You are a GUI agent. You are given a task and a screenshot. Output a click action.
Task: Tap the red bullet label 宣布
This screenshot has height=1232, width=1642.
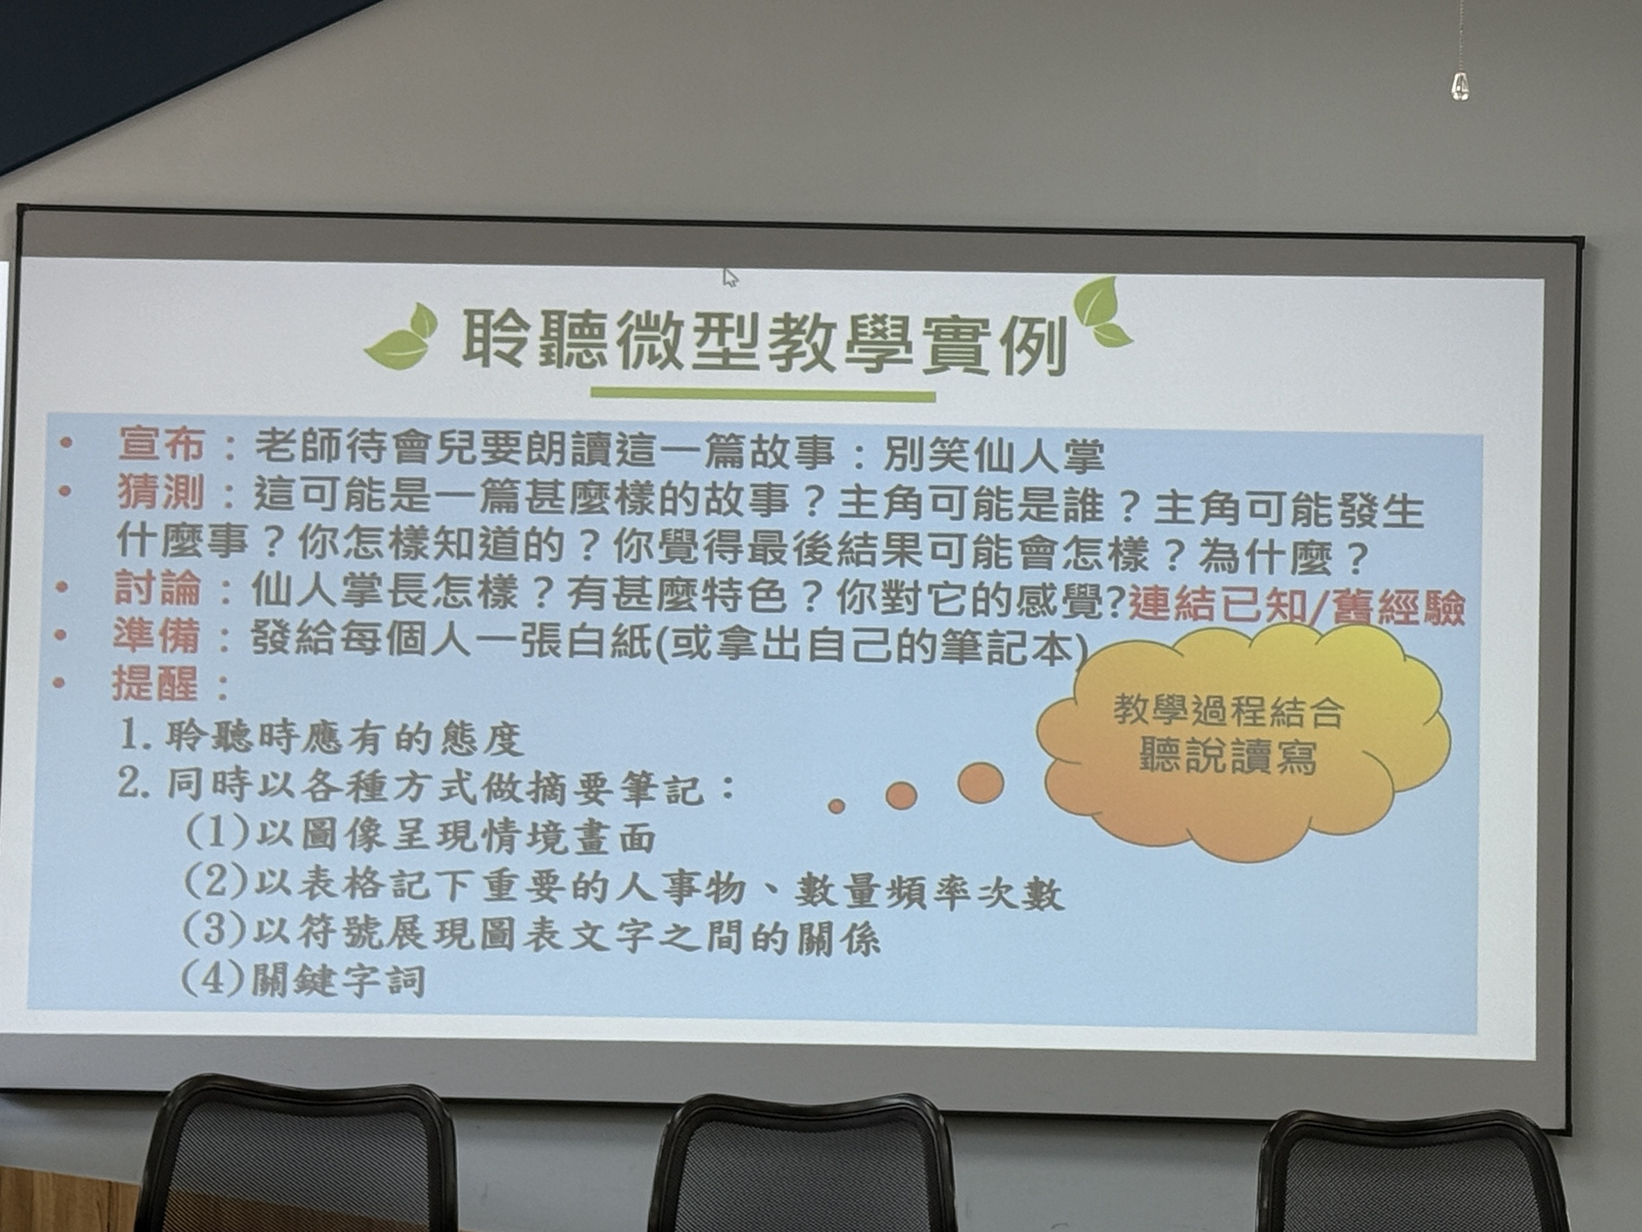tap(162, 444)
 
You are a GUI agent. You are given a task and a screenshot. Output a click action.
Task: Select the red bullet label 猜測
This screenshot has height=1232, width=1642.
tap(160, 492)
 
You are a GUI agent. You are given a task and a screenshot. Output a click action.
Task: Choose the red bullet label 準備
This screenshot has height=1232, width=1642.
tap(156, 635)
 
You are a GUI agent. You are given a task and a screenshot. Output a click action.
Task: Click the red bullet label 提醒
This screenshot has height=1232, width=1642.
tap(155, 683)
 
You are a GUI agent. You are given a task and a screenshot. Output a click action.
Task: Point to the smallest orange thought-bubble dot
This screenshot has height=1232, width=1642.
tap(836, 806)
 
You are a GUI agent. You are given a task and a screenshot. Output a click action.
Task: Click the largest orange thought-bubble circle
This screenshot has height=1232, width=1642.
tap(981, 782)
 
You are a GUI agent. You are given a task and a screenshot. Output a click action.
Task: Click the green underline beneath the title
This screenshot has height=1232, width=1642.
tap(763, 396)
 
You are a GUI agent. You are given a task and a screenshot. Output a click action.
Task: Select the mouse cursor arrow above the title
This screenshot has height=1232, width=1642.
tap(731, 278)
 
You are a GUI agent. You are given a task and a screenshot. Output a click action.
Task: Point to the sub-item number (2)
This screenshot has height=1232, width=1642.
tap(215, 883)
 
